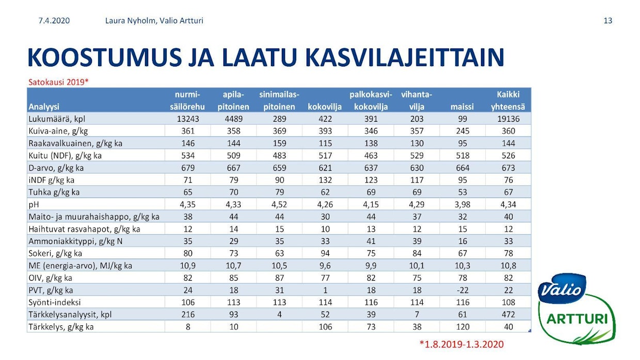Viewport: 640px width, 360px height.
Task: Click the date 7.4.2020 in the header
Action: click(54, 21)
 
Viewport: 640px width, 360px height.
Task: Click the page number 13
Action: click(607, 21)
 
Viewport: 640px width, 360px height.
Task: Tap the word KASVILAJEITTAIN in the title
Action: click(404, 58)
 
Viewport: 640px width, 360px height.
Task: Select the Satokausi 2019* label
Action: click(58, 82)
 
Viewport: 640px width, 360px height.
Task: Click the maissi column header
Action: click(462, 107)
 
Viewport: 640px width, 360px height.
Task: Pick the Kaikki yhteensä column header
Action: click(508, 101)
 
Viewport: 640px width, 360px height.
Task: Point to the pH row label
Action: click(35, 204)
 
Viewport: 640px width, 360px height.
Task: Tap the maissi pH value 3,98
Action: click(462, 204)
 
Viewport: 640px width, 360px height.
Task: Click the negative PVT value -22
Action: click(462, 290)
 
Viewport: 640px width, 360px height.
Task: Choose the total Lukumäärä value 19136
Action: click(508, 119)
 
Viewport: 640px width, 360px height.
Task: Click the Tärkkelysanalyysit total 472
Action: click(508, 315)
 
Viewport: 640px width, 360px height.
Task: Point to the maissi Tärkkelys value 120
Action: click(462, 326)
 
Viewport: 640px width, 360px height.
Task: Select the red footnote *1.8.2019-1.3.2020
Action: click(461, 344)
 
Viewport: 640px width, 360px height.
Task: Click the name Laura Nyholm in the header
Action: click(127, 21)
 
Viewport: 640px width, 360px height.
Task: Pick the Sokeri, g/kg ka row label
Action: click(56, 253)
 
